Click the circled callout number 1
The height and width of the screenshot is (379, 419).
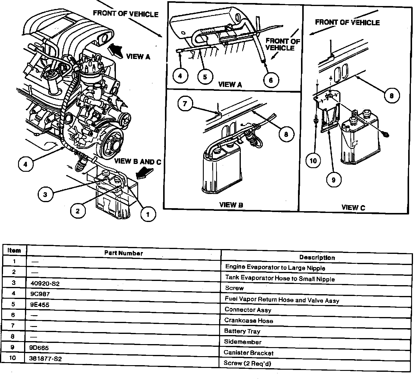point(147,214)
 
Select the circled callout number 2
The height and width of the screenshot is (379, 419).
point(78,211)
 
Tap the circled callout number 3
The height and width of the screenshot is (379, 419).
point(45,194)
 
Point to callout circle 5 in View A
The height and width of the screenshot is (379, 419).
point(205,77)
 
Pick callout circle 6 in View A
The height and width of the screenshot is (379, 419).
point(271,80)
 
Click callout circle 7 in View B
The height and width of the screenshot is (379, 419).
point(185,104)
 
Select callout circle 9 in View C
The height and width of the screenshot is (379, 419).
point(333,180)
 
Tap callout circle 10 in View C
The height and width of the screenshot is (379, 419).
point(313,161)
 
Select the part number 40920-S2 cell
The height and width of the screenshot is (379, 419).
point(45,283)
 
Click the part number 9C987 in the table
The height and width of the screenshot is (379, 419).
point(40,294)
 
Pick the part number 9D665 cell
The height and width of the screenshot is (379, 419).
point(39,348)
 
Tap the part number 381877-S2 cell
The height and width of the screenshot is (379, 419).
point(46,359)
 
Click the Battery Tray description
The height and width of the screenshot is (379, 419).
point(242,331)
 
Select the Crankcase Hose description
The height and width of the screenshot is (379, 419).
point(249,320)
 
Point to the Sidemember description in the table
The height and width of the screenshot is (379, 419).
point(243,342)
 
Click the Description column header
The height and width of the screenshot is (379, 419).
point(317,257)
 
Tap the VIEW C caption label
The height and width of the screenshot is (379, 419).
point(353,207)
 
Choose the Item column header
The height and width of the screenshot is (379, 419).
point(14,250)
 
